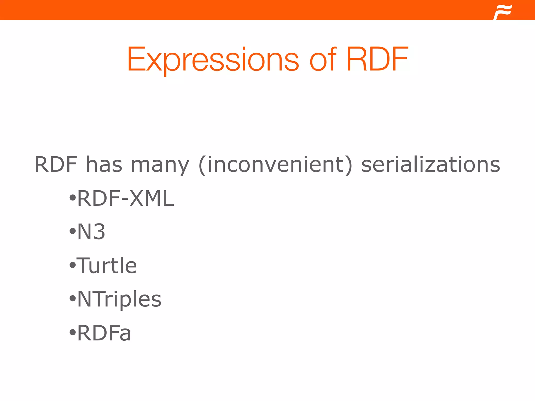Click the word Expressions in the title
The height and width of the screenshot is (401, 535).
coord(213,60)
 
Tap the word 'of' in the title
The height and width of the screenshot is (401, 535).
coord(323,60)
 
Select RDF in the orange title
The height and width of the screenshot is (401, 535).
coord(377,60)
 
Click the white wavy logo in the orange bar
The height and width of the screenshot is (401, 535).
coord(503,12)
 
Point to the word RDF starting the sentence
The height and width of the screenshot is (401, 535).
coord(56,164)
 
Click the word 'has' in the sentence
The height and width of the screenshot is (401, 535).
coord(104,164)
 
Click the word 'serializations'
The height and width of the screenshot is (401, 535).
coord(431,164)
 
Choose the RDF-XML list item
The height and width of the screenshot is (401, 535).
coord(125,198)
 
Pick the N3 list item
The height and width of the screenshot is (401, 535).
coord(91,232)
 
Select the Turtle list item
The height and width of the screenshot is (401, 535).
coord(107,266)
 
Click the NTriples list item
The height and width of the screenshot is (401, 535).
coord(119,299)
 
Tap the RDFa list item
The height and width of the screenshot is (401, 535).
coord(104,333)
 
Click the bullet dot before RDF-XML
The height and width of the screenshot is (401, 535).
coord(72,198)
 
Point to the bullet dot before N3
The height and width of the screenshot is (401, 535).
coord(72,232)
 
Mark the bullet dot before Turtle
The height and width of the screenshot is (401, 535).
coord(72,266)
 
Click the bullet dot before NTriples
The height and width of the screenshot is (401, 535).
coord(72,299)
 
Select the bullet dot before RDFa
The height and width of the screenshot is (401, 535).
coord(72,333)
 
